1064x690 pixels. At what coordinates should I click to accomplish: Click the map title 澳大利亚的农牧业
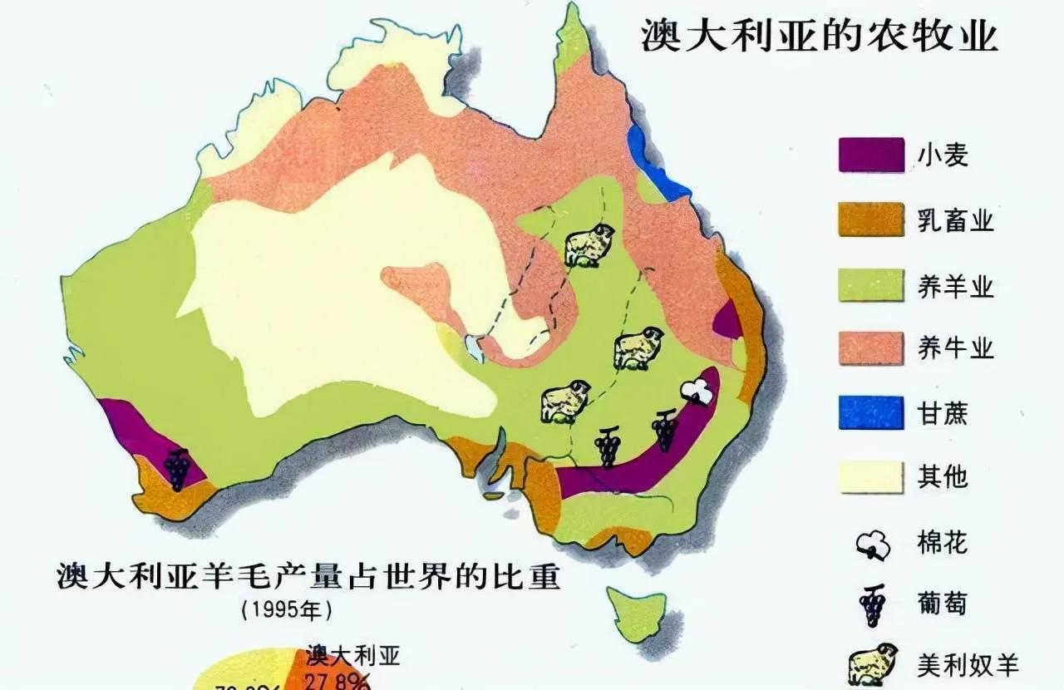(x=819, y=37)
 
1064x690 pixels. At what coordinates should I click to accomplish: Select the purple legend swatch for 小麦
(x=870, y=155)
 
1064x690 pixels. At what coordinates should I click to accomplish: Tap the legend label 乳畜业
(x=955, y=220)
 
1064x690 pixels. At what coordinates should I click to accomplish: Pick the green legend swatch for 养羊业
(x=870, y=284)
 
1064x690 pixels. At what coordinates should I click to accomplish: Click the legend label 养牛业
(x=955, y=348)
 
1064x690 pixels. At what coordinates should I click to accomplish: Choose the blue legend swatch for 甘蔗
(x=870, y=412)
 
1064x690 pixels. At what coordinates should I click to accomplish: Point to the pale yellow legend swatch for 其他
(x=870, y=476)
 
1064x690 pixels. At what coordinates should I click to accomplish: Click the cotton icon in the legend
(x=872, y=545)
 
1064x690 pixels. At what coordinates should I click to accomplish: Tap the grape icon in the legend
(x=872, y=605)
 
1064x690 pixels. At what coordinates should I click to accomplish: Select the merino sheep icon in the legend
(x=872, y=663)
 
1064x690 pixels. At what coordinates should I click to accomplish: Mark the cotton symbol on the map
(x=697, y=391)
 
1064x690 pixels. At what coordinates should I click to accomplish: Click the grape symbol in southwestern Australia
(x=177, y=469)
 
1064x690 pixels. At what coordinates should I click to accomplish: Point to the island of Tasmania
(x=637, y=613)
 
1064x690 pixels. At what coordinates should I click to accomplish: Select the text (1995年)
(x=287, y=609)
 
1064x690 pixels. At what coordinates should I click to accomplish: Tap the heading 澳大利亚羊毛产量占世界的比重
(x=308, y=576)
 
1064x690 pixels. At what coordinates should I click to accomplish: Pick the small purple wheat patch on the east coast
(x=728, y=321)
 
